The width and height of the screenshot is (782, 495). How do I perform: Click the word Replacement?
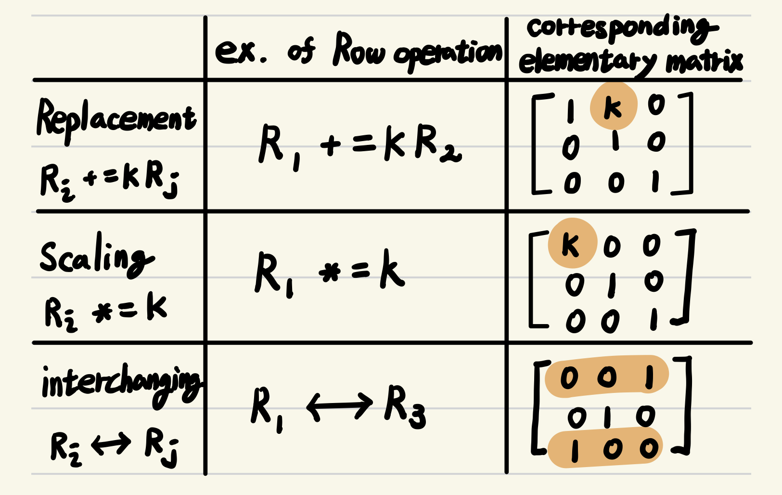(x=116, y=119)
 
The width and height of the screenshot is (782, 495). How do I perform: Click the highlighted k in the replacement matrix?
(x=613, y=106)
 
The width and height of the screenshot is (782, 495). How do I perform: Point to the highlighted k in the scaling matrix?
(x=571, y=244)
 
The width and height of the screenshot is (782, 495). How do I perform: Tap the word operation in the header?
(x=448, y=54)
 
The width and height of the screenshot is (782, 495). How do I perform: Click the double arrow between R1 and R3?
(x=340, y=406)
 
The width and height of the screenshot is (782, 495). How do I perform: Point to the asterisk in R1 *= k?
(x=330, y=274)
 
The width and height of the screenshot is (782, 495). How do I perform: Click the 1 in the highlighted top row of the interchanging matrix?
(x=649, y=377)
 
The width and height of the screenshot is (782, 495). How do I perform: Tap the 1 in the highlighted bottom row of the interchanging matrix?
(x=575, y=451)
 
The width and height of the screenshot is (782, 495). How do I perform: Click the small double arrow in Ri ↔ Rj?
(x=111, y=444)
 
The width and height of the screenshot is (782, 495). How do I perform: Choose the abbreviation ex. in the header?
(x=241, y=52)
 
